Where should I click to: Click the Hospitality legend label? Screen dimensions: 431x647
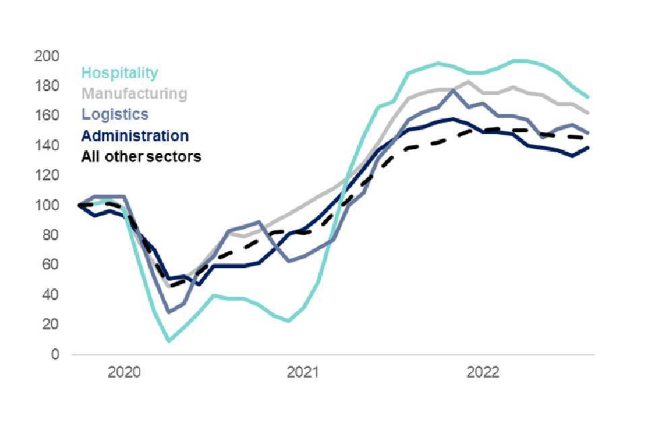click(x=120, y=73)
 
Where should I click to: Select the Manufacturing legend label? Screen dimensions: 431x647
click(x=134, y=94)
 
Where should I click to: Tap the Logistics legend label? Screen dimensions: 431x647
click(x=115, y=114)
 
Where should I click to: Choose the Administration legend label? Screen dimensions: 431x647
click(x=135, y=135)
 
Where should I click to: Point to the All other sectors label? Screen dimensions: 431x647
click(x=141, y=157)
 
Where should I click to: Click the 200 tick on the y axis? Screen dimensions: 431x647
click(x=46, y=56)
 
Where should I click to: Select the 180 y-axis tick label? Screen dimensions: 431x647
click(x=46, y=86)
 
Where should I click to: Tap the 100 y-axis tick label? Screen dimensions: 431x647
click(x=46, y=205)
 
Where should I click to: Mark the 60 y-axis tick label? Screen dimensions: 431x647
click(x=49, y=265)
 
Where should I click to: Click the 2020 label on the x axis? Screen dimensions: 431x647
click(x=123, y=372)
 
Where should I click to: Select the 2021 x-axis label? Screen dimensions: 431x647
click(x=303, y=372)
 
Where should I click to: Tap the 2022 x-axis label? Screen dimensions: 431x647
click(x=483, y=372)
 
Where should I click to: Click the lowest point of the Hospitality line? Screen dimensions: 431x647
click(x=168, y=341)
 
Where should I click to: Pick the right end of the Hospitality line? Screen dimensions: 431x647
click(x=588, y=97)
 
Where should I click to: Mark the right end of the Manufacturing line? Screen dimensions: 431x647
click(x=588, y=112)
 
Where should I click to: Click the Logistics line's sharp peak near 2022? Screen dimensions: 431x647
click(x=454, y=90)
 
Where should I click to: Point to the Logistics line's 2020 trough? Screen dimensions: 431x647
click(x=169, y=312)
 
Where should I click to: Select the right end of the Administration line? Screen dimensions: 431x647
click(x=588, y=147)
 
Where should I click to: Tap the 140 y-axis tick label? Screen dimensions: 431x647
click(x=46, y=145)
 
